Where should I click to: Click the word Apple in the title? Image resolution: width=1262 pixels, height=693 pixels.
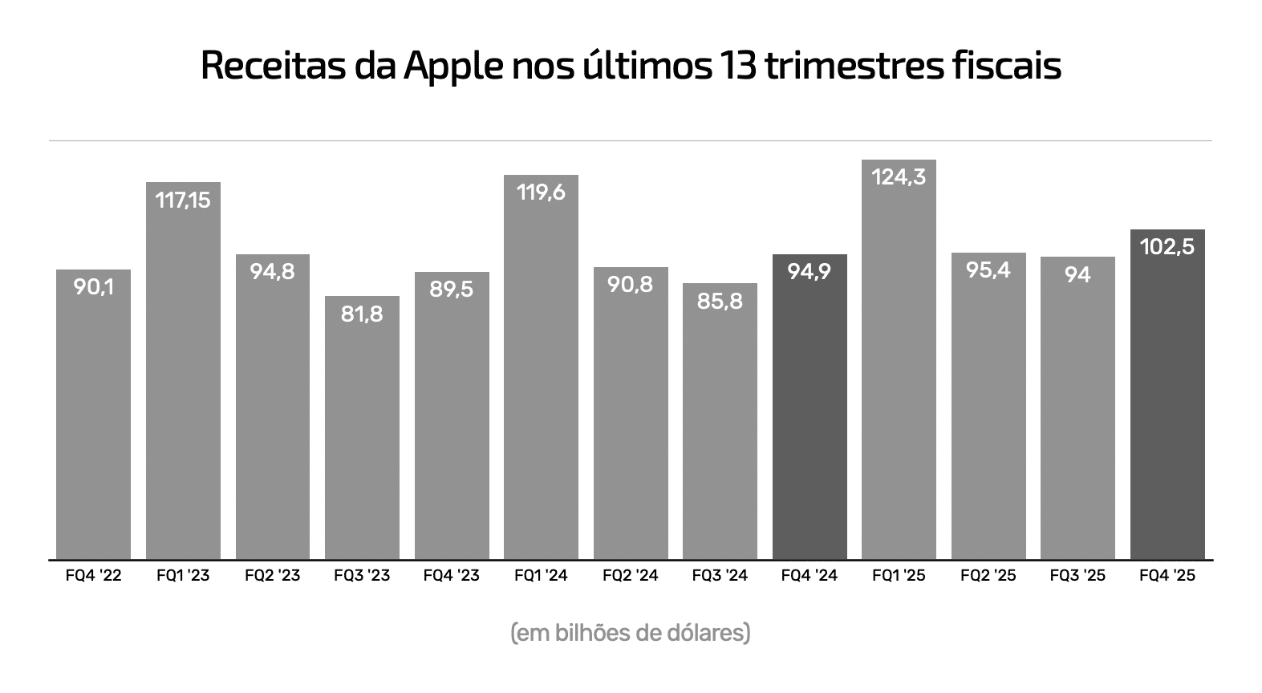click(x=452, y=67)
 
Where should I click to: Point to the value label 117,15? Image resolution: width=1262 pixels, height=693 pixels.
click(x=183, y=200)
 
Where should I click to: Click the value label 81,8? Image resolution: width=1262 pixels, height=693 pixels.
click(x=362, y=314)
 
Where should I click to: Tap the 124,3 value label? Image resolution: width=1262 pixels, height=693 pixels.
click(x=899, y=176)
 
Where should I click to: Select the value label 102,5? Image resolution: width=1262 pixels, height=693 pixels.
click(x=1167, y=246)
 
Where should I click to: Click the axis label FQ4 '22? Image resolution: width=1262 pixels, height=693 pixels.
click(x=93, y=576)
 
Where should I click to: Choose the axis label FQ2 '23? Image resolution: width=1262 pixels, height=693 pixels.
click(x=273, y=576)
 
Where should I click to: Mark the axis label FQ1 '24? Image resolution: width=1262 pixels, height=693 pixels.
click(x=541, y=576)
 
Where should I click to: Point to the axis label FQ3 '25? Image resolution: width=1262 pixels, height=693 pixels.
click(x=1077, y=576)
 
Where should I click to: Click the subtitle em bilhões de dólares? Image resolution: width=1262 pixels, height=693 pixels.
click(x=631, y=633)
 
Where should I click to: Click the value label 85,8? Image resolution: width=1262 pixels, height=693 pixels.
click(x=720, y=301)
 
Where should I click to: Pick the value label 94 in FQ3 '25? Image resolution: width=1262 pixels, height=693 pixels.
click(x=1077, y=274)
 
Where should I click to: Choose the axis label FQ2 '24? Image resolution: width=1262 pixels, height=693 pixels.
click(x=631, y=576)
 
